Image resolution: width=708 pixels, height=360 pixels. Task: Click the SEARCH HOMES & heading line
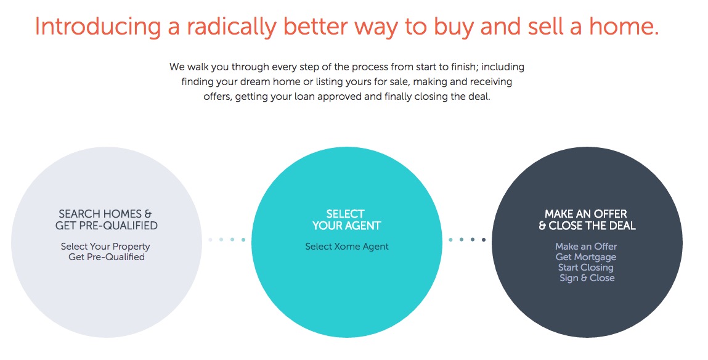[105, 214]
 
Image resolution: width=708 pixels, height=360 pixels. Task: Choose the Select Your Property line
[105, 247]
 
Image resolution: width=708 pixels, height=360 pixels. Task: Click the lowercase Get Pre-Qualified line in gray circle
[107, 257]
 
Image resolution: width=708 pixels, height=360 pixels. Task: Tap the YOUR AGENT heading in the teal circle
[346, 226]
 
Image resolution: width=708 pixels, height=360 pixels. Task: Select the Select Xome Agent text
[347, 247]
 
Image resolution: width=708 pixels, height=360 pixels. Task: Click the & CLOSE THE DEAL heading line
[587, 226]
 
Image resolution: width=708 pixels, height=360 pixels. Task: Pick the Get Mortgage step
[585, 257]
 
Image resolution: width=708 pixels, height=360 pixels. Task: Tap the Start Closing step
[585, 268]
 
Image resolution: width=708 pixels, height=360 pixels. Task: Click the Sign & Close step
[587, 278]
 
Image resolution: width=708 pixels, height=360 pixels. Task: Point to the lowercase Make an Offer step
[585, 247]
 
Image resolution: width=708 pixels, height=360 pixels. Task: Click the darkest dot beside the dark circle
[484, 239]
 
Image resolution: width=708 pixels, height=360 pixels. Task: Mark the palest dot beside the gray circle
[210, 239]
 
